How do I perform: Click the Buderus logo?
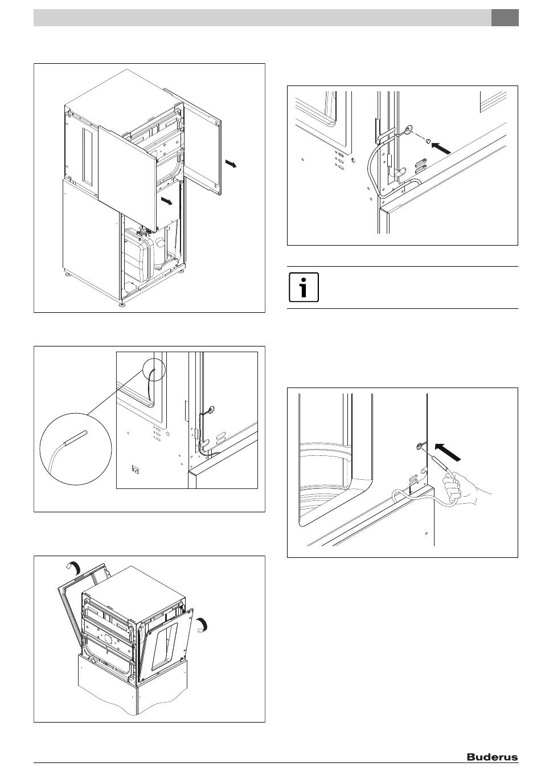coord(492,757)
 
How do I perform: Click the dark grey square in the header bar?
coord(505,18)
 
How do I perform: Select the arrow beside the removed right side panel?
coord(229,165)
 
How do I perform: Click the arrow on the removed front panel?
coord(166,201)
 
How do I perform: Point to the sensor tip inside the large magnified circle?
coord(77,437)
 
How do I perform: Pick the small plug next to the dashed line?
coord(427,140)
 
